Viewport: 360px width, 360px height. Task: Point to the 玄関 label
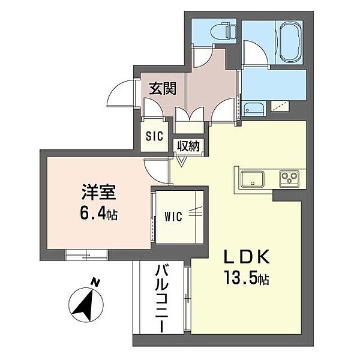pyautogui.click(x=162, y=89)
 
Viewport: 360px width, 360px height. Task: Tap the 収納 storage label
pyautogui.click(x=187, y=146)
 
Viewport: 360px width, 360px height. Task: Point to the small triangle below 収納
pyautogui.click(x=182, y=160)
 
